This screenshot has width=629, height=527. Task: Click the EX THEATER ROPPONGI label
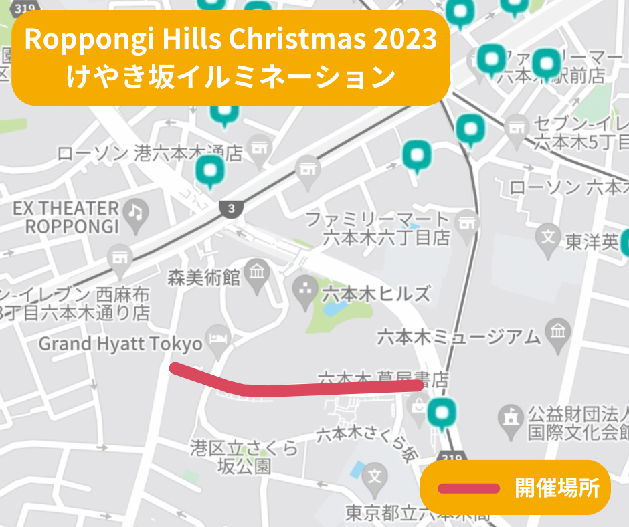pos(66,217)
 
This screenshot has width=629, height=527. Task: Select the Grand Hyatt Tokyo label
pos(120,344)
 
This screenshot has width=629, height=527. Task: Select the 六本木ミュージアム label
pos(458,336)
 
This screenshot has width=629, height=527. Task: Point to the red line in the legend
pos(468,488)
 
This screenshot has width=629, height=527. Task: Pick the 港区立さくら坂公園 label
pos(244,456)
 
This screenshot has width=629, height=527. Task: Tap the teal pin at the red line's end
pos(441,413)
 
